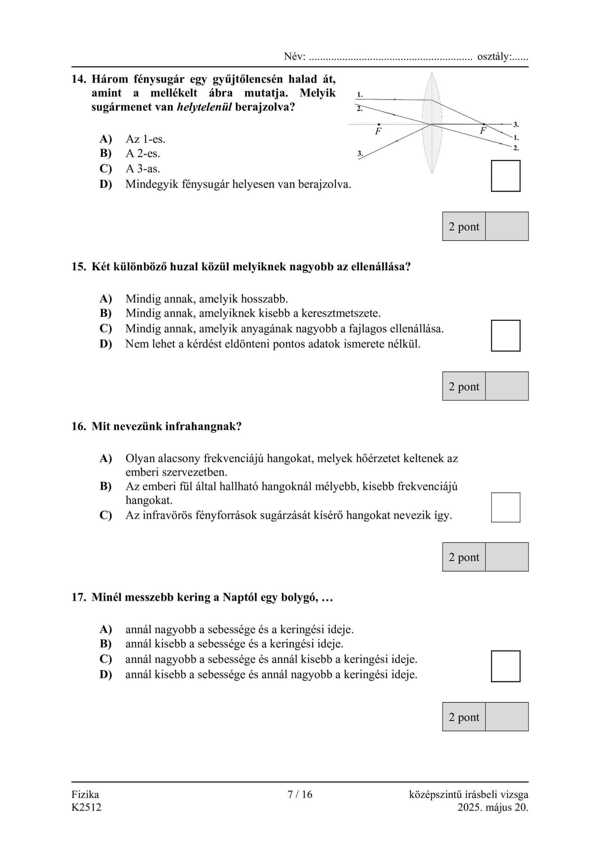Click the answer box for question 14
coord(506,176)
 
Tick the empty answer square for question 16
coord(506,507)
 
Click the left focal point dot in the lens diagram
coord(379,124)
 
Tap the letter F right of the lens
coord(482,131)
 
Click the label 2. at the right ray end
coord(516,148)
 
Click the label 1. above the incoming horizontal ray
coord(360,95)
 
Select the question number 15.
coord(78,267)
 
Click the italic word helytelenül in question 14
coord(205,107)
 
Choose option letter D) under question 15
coord(106,344)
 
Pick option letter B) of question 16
coord(106,486)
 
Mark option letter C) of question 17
coord(106,659)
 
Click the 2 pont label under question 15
coord(463,386)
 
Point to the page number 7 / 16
coord(300,794)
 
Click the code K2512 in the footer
coord(87,807)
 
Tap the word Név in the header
coord(294,57)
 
